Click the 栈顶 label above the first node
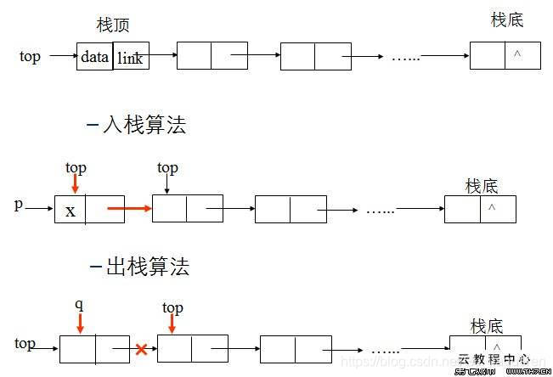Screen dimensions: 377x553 point(113,25)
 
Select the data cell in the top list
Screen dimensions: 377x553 point(94,58)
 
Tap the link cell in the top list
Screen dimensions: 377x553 point(131,58)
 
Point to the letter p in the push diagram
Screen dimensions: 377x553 point(18,205)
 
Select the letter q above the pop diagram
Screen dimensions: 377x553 point(79,304)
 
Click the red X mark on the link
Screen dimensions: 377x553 point(142,349)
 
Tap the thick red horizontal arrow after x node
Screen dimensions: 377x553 point(129,207)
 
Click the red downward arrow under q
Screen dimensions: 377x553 point(80,323)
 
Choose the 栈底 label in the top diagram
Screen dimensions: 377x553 point(507,20)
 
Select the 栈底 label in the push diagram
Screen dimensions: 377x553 point(482,186)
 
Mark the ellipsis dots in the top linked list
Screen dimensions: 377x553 point(404,58)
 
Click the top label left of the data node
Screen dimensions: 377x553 point(30,57)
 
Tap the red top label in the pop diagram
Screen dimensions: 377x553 point(172,307)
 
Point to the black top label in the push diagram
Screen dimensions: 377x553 point(167,168)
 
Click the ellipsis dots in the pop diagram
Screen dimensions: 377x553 point(386,349)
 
